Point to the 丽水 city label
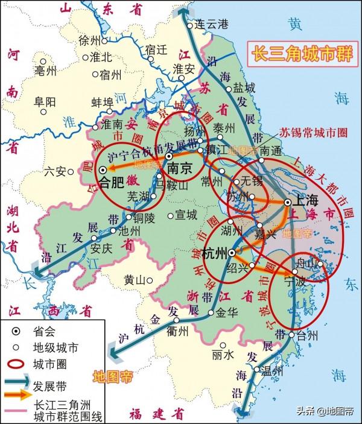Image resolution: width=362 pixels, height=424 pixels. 223,355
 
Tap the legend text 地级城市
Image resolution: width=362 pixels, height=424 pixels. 59,348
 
